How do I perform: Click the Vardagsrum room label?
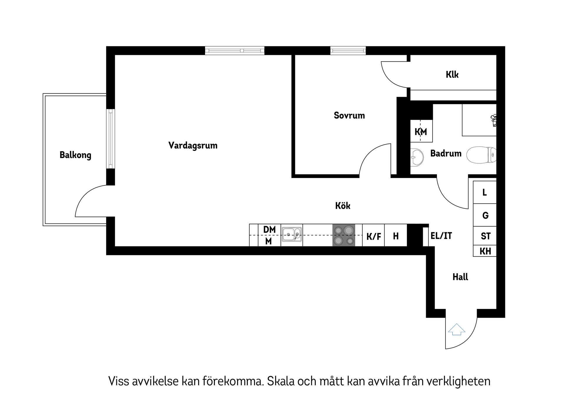[193, 145]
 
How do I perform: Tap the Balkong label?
[75, 155]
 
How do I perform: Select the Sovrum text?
[349, 115]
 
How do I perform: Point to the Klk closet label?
[452, 75]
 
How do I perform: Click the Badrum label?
[446, 153]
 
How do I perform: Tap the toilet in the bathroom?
[481, 155]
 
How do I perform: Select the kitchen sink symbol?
[292, 235]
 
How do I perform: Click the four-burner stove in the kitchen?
[344, 235]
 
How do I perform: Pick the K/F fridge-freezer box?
[373, 236]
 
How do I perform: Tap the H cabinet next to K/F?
[396, 236]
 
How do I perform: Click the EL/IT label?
[441, 236]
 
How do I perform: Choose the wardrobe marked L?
[485, 192]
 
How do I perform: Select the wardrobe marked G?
[485, 215]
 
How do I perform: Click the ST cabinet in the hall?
[485, 236]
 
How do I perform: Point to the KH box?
[485, 251]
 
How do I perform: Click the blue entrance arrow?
[456, 329]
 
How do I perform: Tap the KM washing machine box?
[421, 131]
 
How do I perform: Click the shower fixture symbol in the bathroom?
[493, 120]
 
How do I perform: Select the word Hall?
[460, 277]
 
